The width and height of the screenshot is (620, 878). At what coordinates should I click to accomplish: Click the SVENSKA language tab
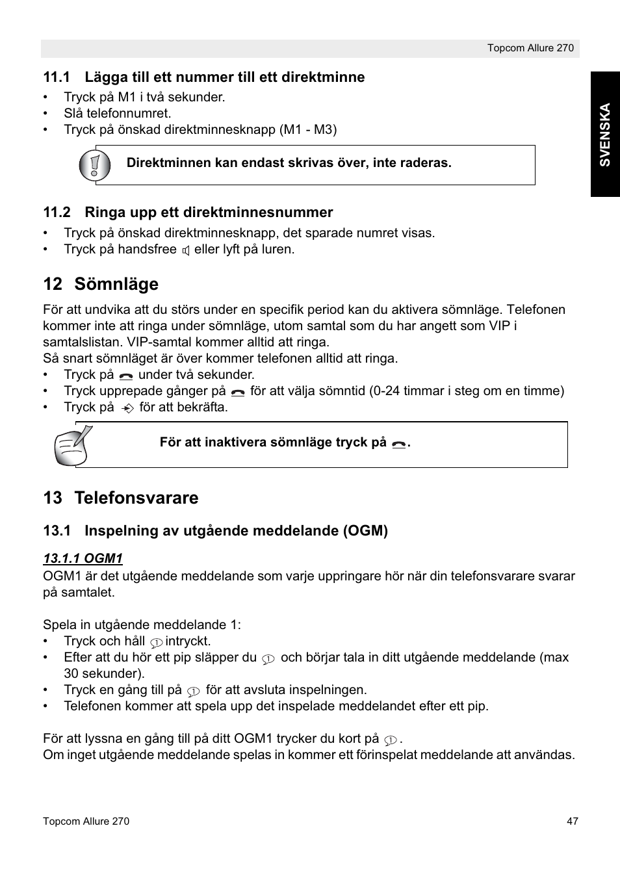tap(605, 135)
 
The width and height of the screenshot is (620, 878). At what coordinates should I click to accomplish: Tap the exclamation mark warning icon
tap(95, 165)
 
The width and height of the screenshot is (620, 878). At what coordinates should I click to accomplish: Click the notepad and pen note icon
tap(73, 445)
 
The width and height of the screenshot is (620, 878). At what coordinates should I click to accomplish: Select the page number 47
tap(572, 821)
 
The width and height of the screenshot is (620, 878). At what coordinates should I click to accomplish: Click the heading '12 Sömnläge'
tap(101, 284)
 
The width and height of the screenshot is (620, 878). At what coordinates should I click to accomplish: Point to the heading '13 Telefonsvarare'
tap(121, 498)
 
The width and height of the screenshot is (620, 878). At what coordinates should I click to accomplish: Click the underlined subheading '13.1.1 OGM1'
tap(83, 558)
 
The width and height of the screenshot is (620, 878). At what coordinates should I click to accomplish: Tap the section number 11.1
tap(57, 77)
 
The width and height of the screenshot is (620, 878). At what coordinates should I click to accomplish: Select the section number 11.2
tap(57, 213)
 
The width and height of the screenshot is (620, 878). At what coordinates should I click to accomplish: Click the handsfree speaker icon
tap(186, 250)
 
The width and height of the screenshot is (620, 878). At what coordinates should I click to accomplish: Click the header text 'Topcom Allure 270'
tap(530, 48)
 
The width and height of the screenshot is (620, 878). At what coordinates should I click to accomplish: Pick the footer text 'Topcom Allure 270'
tap(86, 821)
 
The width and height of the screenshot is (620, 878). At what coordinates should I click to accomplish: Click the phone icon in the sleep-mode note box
tap(399, 444)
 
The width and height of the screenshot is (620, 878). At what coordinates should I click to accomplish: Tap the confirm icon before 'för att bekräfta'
tap(128, 408)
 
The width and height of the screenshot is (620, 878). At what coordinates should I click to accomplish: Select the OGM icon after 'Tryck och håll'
tap(156, 642)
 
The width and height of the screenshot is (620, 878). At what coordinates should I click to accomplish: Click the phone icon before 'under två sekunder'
tap(126, 376)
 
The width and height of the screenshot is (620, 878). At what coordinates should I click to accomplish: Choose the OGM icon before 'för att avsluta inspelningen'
tap(193, 691)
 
